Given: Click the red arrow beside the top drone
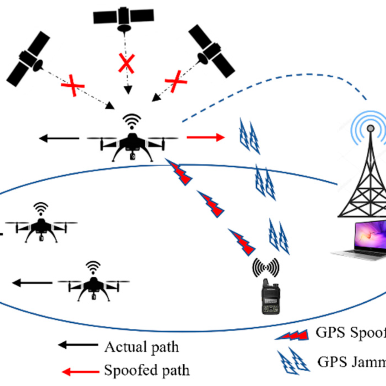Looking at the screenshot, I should (x=205, y=138).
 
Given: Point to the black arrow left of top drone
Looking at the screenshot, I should (x=59, y=138).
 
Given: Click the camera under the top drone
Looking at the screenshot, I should (x=132, y=156).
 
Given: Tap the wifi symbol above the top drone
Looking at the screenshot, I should (x=132, y=122).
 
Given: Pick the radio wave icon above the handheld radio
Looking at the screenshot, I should (x=266, y=267).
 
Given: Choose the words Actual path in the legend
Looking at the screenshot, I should (x=141, y=347).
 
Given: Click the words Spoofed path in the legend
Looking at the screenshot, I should (x=147, y=371).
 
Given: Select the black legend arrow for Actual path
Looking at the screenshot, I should (x=77, y=345).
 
